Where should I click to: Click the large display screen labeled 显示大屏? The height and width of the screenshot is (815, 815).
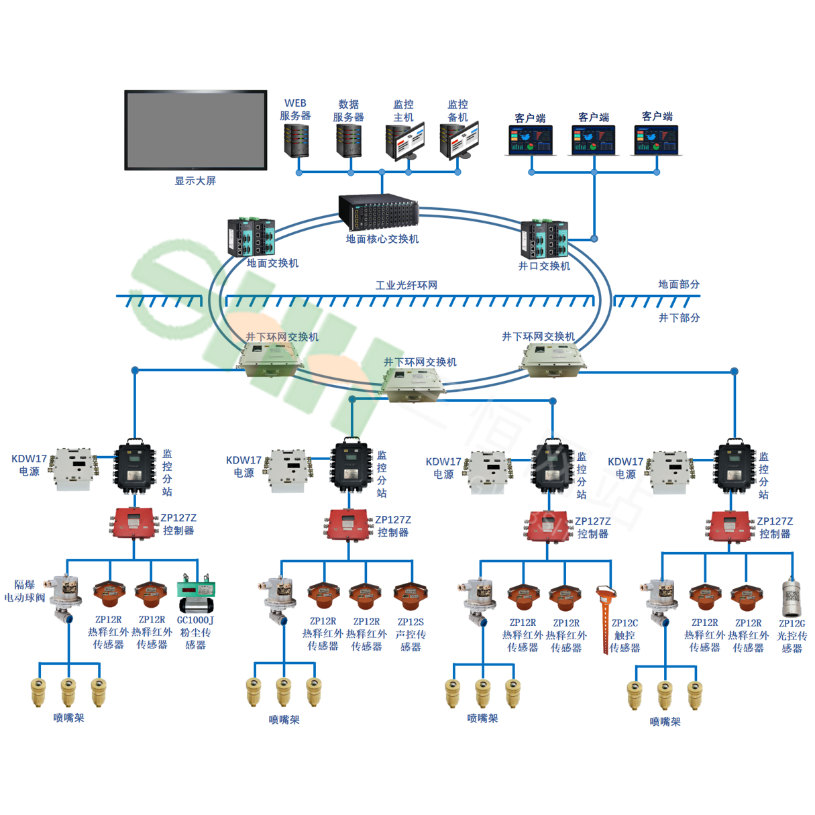coord(195,130)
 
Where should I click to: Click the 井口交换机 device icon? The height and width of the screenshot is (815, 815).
coord(544,239)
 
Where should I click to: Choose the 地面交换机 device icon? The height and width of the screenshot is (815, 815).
coord(251,237)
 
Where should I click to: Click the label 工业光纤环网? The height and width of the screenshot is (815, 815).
coord(406,285)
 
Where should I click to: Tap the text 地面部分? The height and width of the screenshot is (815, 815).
coord(678,284)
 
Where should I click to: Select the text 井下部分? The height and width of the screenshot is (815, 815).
coord(679,318)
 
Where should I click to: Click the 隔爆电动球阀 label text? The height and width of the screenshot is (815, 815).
coord(25,591)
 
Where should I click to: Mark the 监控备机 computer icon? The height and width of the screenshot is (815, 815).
coord(459,141)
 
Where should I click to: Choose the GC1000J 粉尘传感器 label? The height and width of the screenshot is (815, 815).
coord(195,633)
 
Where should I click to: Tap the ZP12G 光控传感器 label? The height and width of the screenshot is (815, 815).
coord(792,636)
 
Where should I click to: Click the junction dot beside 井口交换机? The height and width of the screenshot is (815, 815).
coord(594,238)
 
